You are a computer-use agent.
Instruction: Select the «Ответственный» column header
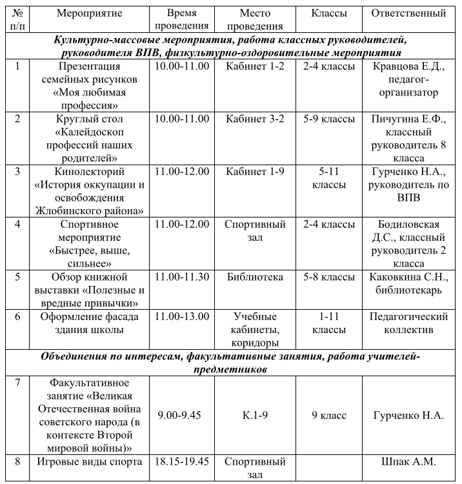408,13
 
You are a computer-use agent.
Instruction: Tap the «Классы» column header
328,13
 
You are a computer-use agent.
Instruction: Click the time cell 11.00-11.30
182,277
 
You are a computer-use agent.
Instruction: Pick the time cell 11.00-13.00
182,316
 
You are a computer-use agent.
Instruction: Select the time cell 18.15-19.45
182,462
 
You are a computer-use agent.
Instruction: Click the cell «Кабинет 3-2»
255,119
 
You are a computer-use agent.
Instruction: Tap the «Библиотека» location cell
255,277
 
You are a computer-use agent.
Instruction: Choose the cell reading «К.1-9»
255,415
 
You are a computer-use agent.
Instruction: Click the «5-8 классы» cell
328,277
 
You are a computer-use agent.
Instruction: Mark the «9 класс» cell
328,415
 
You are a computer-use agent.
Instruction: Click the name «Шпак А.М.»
408,462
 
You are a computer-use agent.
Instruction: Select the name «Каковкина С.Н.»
408,277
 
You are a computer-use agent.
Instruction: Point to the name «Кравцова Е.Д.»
408,66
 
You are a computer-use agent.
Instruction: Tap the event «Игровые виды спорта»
90,462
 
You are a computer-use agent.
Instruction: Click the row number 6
17,316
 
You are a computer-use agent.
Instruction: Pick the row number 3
17,172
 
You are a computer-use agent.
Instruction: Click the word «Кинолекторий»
90,172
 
